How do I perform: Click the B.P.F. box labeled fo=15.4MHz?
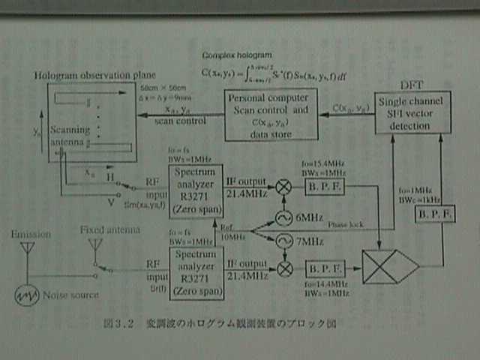(324, 185)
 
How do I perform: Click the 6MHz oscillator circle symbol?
(284, 218)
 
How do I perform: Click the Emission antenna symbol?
(28, 247)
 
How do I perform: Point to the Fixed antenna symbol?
(95, 245)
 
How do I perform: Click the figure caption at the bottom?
(218, 325)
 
